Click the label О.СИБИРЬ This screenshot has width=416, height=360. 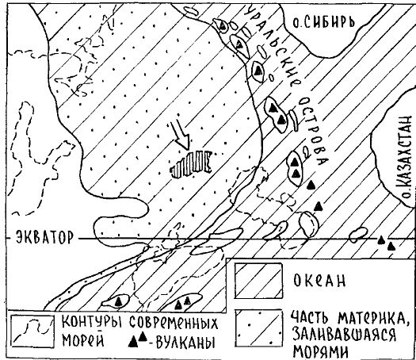tap(323, 22)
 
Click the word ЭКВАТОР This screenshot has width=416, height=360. tap(44, 237)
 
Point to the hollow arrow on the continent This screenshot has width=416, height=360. tap(180, 136)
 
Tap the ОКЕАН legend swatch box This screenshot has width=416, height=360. tap(258, 281)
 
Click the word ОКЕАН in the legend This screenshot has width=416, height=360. tap(319, 281)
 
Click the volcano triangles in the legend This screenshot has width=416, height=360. tap(138, 339)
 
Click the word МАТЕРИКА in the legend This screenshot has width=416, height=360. tap(366, 319)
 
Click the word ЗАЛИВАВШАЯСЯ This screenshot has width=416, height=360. tap(345, 335)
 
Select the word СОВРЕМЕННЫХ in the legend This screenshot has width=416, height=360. tap(174, 322)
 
